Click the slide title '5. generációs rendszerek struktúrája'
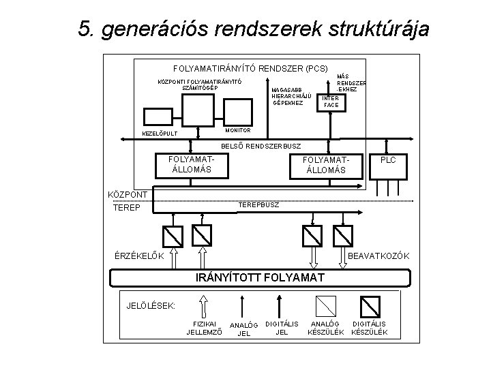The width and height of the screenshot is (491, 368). pyautogui.click(x=254, y=29)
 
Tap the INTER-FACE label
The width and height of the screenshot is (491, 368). pyautogui.click(x=331, y=102)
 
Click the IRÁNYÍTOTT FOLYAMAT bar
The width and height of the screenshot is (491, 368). pyautogui.click(x=260, y=278)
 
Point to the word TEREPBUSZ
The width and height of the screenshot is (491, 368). pyautogui.click(x=258, y=205)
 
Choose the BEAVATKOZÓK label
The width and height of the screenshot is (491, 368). pyautogui.click(x=378, y=256)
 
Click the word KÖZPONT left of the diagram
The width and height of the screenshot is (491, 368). pyautogui.click(x=129, y=194)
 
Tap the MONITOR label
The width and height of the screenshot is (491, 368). pyautogui.click(x=238, y=129)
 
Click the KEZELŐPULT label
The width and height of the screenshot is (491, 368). pyautogui.click(x=160, y=133)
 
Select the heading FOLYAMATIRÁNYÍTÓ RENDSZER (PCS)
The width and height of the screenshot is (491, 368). pyautogui.click(x=250, y=69)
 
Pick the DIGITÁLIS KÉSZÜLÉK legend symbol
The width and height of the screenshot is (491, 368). pyautogui.click(x=369, y=304)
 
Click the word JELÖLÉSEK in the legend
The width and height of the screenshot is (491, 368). pyautogui.click(x=151, y=304)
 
